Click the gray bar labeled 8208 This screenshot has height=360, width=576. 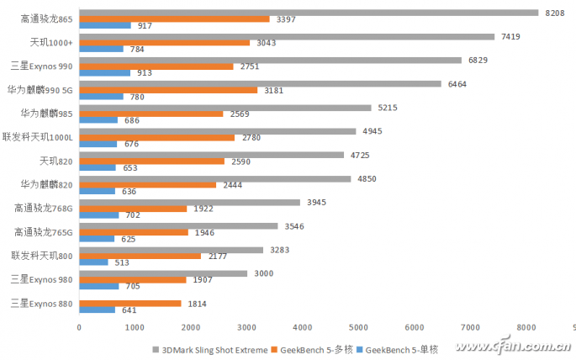pyautogui.click(x=308, y=13)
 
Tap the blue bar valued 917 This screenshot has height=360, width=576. pyautogui.click(x=104, y=25)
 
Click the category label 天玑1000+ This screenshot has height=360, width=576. pyautogui.click(x=50, y=42)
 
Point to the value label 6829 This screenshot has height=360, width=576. pyautogui.click(x=478, y=61)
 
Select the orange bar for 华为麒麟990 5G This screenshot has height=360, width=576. pyautogui.click(x=167, y=90)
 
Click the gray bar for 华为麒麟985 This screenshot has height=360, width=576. pyautogui.click(x=225, y=108)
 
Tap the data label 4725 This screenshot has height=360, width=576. pyautogui.click(x=361, y=155)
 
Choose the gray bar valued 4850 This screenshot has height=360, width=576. pyautogui.click(x=214, y=179)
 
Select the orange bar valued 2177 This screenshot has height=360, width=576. pyautogui.click(x=140, y=256)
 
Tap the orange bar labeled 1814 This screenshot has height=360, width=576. pyautogui.click(x=129, y=303)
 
